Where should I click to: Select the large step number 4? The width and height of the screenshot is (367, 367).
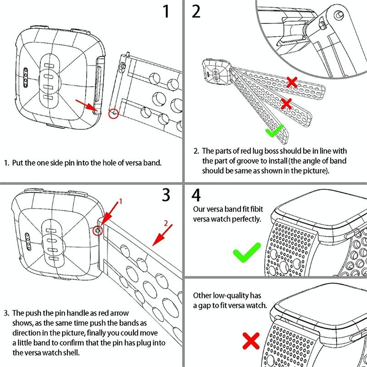click(x=196, y=195)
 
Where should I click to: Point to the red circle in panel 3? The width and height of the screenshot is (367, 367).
click(x=97, y=231)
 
